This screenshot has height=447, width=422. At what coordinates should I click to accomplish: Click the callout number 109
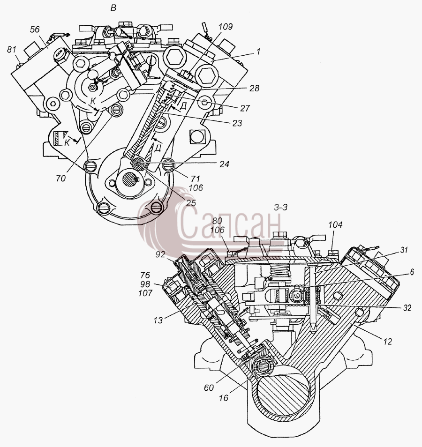pos(226,27)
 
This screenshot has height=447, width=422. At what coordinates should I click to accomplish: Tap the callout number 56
pos(35,30)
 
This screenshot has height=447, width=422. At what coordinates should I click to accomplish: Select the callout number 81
pos(11,50)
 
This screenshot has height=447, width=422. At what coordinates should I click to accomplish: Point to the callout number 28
pos(254,89)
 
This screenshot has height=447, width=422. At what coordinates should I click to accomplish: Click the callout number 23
pos(237,123)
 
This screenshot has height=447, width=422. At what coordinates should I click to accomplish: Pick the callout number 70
pos(61,179)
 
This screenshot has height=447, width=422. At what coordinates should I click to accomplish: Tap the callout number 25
pos(191,203)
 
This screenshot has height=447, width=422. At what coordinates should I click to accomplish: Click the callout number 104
pos(335,225)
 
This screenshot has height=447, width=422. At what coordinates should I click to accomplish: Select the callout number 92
pos(161,254)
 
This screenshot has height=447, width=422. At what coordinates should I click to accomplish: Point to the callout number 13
pos(158,320)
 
